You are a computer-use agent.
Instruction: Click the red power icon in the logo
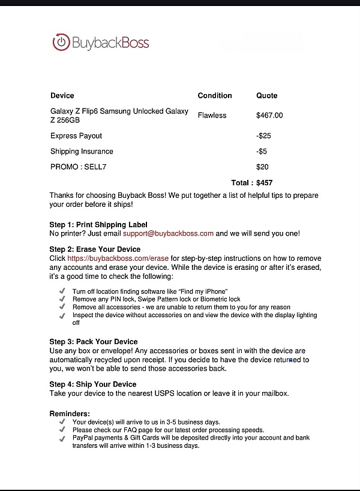[61, 43]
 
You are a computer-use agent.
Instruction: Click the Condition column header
[214, 95]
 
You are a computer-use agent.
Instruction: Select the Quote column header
[266, 95]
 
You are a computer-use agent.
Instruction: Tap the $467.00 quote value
[269, 115]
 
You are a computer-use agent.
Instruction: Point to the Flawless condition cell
[212, 115]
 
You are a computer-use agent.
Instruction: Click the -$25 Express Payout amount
[263, 136]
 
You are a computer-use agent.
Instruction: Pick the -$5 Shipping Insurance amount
[262, 152]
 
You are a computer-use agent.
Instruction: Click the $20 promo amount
[262, 167]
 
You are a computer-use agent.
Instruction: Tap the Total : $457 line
[253, 182]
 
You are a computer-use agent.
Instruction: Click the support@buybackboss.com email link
[168, 233]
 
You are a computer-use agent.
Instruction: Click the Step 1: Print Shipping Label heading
[98, 225]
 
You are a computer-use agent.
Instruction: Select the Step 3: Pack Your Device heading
[94, 342]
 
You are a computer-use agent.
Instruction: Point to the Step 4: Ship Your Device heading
[93, 384]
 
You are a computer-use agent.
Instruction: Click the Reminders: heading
[70, 414]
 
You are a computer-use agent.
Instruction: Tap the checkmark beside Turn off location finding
[63, 291]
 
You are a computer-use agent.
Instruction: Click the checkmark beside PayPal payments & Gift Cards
[63, 438]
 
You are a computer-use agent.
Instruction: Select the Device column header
[62, 95]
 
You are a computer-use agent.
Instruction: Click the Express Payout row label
[76, 136]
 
